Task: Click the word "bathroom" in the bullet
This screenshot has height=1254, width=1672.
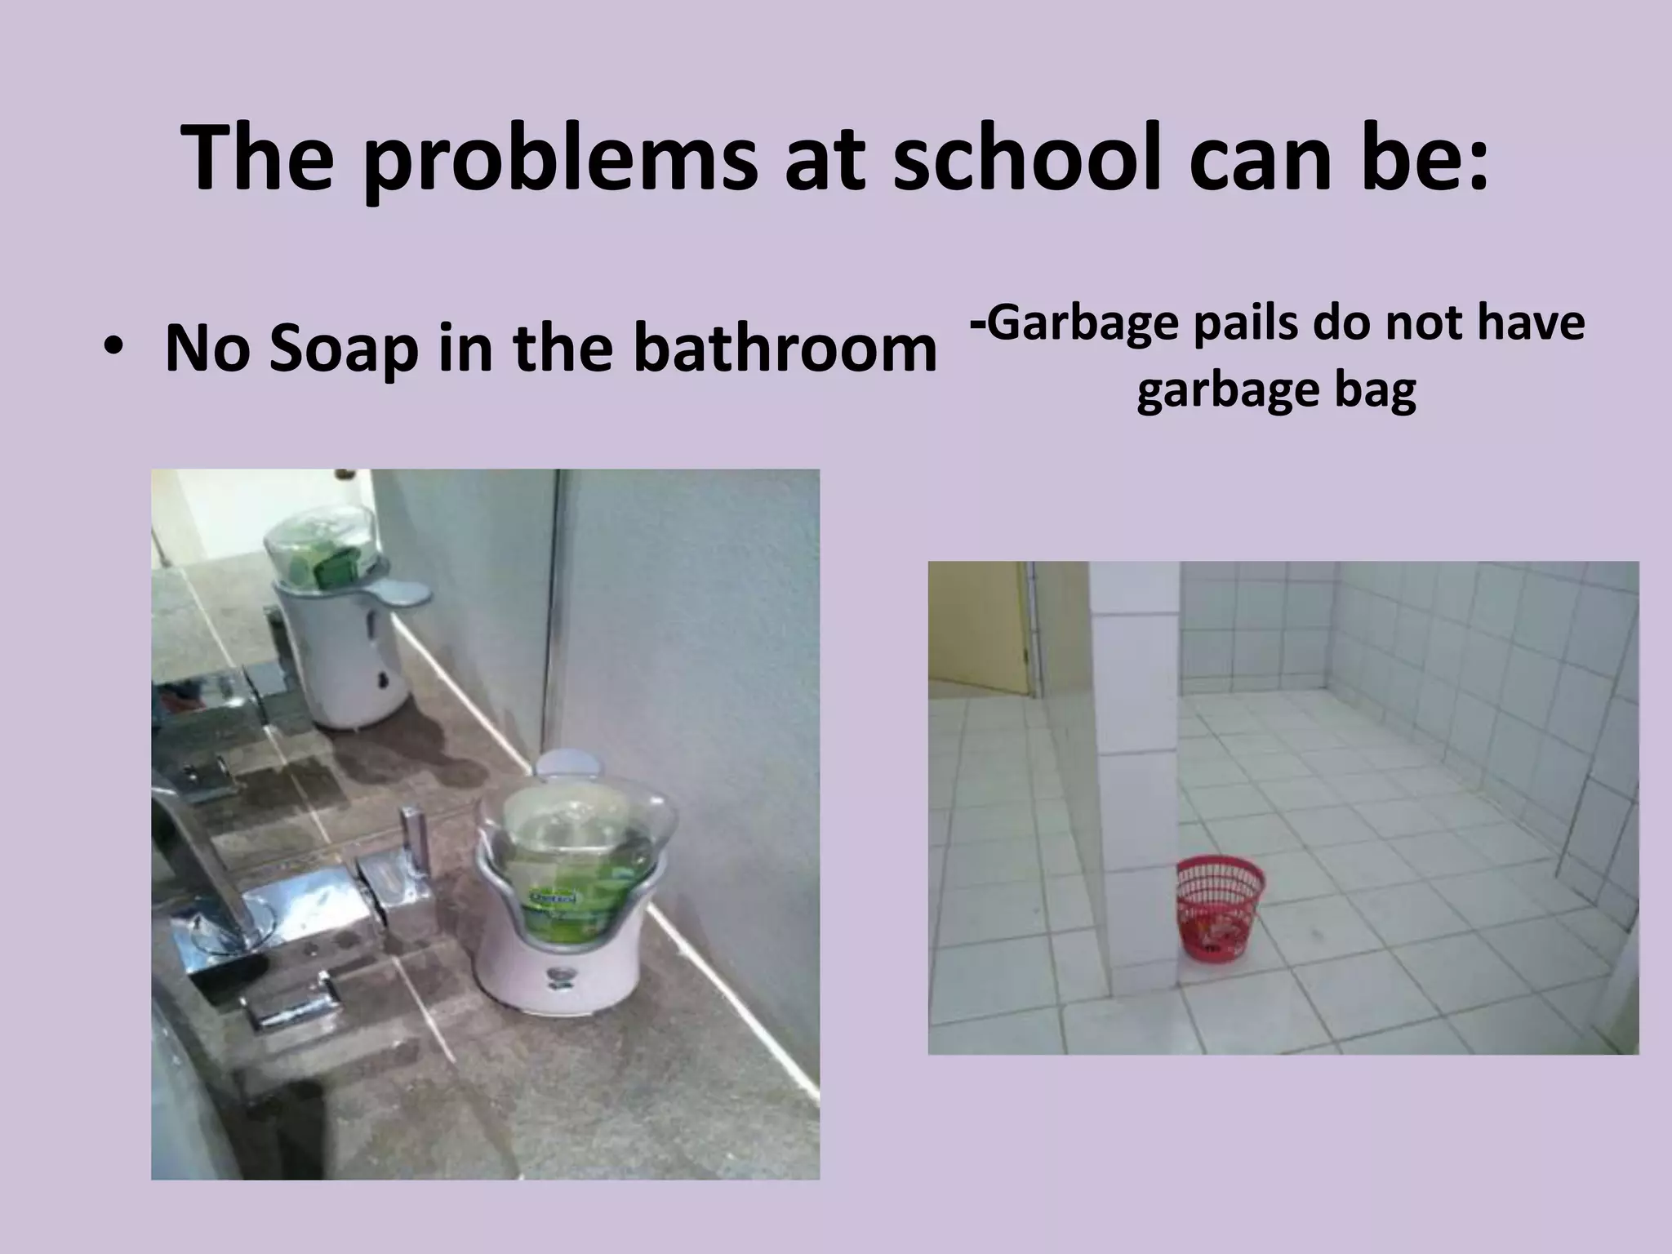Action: click(x=785, y=347)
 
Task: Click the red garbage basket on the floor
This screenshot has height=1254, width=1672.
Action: click(x=1220, y=906)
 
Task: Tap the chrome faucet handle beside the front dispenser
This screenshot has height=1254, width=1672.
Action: click(x=412, y=849)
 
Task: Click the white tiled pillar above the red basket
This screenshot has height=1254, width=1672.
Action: click(x=1134, y=735)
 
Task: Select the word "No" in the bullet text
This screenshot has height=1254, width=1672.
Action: click(x=204, y=349)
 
